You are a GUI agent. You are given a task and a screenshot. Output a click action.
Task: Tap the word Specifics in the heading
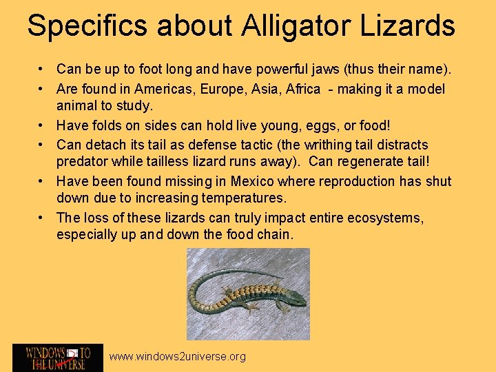[87, 25]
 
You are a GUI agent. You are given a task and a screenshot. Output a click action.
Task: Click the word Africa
[298, 89]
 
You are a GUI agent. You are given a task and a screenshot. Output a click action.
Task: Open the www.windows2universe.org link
[178, 356]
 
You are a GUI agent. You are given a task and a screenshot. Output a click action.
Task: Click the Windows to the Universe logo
[58, 358]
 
